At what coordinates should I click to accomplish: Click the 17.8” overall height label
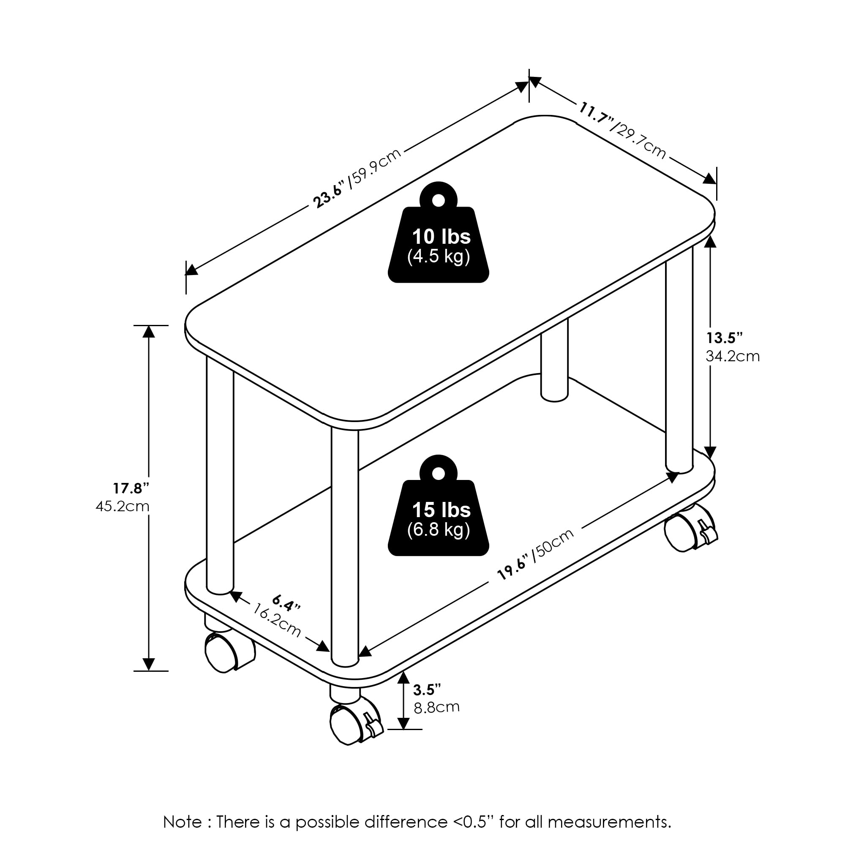131,488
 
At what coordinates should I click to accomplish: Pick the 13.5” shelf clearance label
725,338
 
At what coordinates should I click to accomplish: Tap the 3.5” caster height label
427,690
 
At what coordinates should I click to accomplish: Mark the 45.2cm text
123,507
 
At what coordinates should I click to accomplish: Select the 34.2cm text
733,357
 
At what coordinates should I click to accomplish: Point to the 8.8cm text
436,708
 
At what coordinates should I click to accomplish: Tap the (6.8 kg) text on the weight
438,530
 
